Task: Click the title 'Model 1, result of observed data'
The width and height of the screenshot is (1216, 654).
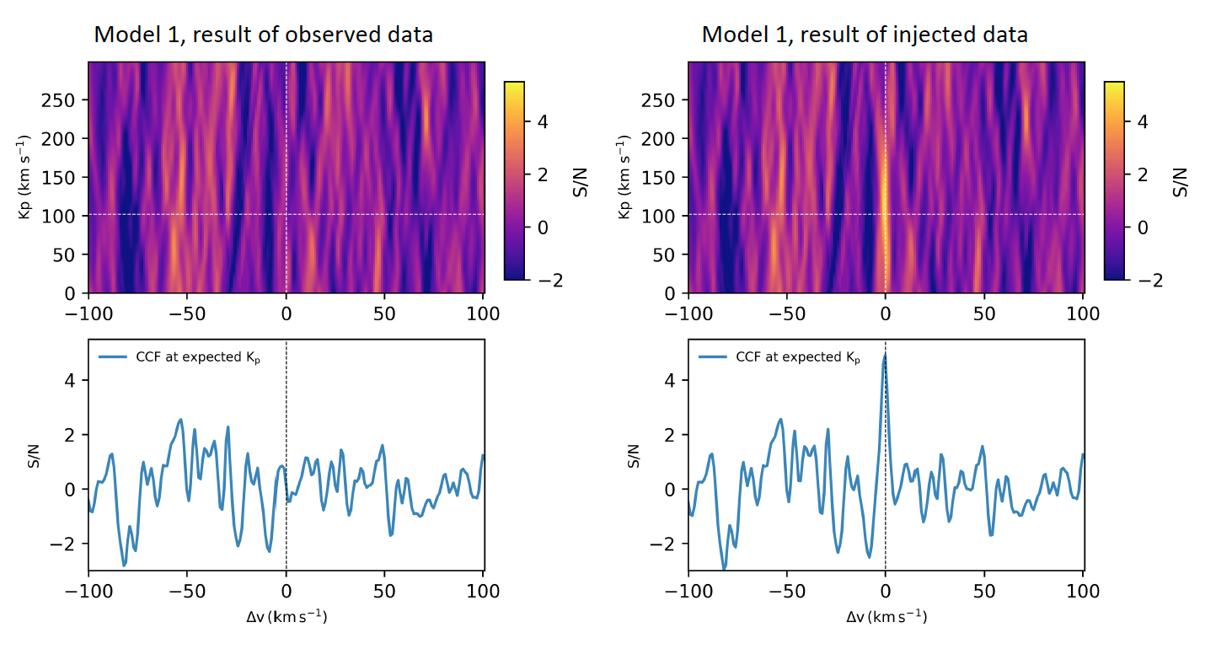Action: (263, 35)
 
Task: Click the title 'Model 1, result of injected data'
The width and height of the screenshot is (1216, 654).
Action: (865, 35)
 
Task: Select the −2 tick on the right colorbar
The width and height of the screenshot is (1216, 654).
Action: (1143, 280)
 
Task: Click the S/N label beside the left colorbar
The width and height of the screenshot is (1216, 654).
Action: (580, 180)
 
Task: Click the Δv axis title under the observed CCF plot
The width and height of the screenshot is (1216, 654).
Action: (286, 617)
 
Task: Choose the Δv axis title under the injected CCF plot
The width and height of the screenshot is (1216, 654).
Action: (886, 617)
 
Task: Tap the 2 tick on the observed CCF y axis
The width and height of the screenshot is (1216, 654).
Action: (71, 435)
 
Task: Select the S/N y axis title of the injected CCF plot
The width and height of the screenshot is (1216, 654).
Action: (635, 455)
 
